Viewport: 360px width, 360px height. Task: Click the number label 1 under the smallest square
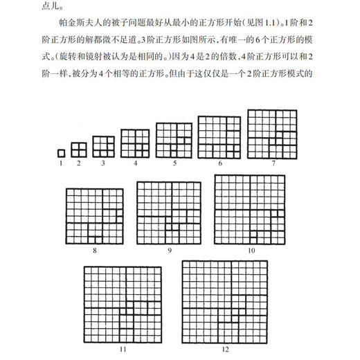tap(61, 163)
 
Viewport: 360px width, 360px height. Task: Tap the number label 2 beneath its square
tap(79, 163)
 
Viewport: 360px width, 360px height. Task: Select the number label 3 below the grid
tap(102, 163)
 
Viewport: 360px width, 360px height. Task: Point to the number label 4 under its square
tap(136, 163)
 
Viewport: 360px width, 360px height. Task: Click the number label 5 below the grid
tap(175, 163)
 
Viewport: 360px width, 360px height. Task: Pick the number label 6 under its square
tap(220, 163)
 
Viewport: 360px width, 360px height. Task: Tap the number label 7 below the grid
tap(274, 163)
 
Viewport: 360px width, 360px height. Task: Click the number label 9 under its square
tap(169, 247)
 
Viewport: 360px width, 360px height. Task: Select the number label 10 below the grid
tap(251, 247)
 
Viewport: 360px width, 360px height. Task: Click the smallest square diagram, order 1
tap(61, 153)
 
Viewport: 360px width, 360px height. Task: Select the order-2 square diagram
tap(79, 150)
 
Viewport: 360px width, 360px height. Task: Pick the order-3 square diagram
tap(102, 147)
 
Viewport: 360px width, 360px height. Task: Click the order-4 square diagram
tap(136, 143)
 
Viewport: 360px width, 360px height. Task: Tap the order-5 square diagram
tap(175, 139)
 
